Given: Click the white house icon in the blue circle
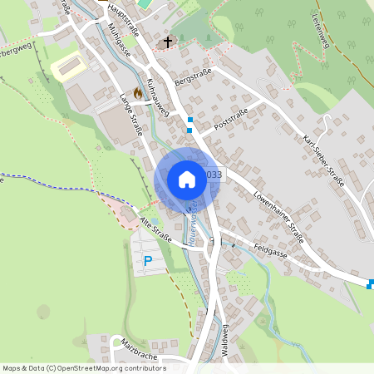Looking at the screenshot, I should point(187,180).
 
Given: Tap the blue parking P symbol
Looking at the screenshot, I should point(148,261).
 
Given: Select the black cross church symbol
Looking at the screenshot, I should point(167,42).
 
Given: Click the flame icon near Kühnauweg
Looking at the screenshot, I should point(137,94).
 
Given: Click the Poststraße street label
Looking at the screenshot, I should point(232,123).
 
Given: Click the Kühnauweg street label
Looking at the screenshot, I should point(158,97).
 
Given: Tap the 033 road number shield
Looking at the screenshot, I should point(214,175).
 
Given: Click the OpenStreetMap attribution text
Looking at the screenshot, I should point(84,368).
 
